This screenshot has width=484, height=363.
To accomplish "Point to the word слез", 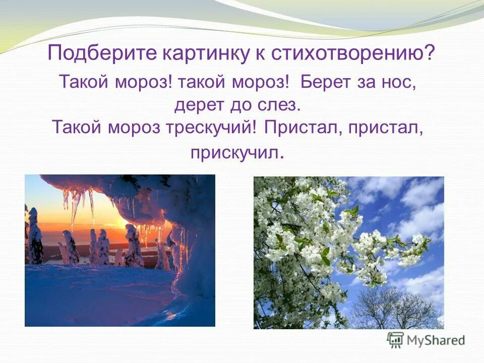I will [280, 104].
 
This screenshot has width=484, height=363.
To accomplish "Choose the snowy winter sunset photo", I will [120, 250].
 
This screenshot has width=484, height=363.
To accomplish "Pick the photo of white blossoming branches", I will [348, 252].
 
